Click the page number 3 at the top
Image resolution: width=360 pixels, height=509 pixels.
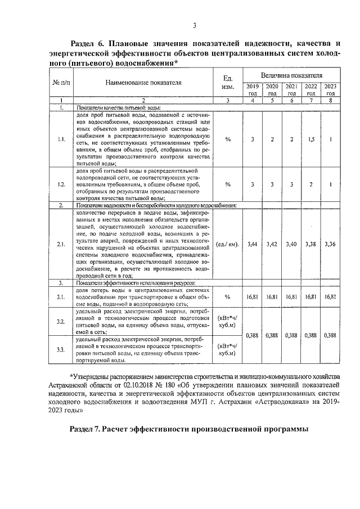click(194, 25)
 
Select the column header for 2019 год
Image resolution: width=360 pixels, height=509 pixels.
click(253, 89)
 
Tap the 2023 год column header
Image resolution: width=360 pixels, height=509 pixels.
click(331, 89)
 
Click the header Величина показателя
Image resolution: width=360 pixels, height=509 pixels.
click(291, 75)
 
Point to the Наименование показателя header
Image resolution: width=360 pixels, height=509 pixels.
click(143, 82)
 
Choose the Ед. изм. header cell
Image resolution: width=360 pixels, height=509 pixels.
click(228, 82)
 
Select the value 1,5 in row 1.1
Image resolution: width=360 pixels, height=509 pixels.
click(310, 139)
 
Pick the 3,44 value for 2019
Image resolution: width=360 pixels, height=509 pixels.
click(253, 244)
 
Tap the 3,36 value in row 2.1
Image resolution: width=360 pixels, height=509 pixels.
click(331, 244)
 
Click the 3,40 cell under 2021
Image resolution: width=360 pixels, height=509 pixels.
click(291, 244)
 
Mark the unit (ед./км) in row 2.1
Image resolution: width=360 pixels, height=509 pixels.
click(228, 244)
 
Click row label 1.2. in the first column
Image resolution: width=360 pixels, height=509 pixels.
click(61, 184)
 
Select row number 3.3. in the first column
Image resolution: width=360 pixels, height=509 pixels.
click(61, 350)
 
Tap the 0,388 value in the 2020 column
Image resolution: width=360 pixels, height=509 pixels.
click(272, 335)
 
